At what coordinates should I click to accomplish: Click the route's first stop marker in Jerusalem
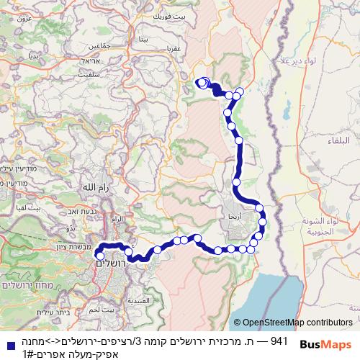coord(100,255)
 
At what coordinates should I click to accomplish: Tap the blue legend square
coord(6,345)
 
